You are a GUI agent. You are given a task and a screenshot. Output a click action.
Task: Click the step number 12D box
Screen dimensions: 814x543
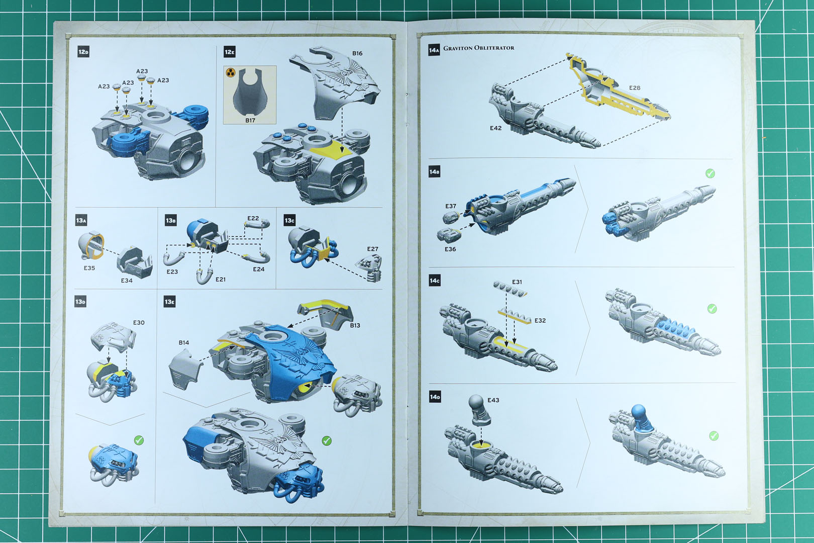(x=83, y=52)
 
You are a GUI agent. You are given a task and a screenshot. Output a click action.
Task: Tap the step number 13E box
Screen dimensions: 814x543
(x=170, y=302)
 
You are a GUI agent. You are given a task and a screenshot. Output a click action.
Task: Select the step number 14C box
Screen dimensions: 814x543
(x=435, y=281)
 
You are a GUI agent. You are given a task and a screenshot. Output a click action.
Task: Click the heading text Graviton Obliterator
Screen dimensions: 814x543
(x=478, y=48)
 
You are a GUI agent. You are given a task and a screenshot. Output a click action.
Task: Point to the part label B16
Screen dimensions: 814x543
(x=357, y=53)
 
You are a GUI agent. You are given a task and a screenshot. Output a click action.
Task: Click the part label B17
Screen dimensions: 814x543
(x=250, y=120)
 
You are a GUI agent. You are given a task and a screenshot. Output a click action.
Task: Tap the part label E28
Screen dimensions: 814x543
(x=635, y=87)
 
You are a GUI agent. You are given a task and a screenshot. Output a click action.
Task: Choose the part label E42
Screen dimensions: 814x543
(x=495, y=128)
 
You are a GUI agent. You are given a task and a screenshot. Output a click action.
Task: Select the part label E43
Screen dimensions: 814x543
(x=493, y=400)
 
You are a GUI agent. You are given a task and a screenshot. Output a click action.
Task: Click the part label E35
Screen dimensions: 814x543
(x=89, y=268)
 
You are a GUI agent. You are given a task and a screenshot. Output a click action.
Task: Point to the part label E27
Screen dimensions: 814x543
(x=372, y=249)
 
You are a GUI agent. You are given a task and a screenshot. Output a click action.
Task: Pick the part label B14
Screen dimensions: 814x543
(x=184, y=342)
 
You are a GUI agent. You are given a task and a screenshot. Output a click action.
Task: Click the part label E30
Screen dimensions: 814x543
(x=139, y=323)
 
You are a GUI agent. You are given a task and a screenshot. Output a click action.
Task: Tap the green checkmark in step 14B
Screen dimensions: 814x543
(x=710, y=173)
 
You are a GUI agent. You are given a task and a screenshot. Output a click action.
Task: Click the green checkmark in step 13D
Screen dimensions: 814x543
(x=139, y=440)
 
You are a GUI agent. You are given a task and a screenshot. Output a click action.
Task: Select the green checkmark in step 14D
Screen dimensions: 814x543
(x=714, y=436)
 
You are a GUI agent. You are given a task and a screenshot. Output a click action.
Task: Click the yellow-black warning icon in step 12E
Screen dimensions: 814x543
(x=231, y=73)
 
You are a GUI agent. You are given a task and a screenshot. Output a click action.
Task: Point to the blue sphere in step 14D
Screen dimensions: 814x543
(x=639, y=411)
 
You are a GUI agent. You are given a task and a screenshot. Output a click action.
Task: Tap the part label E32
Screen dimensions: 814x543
(x=540, y=320)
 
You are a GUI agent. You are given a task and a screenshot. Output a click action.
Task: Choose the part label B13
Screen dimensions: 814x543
(x=355, y=325)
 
